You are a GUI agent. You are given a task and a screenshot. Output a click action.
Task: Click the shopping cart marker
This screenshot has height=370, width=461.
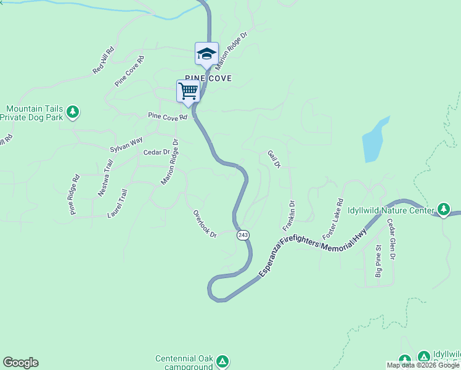pos(188,91)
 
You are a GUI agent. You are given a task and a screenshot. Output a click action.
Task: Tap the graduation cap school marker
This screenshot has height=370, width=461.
pos(206,54)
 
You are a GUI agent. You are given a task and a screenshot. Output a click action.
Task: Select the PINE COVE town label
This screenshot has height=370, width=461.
pos(208,78)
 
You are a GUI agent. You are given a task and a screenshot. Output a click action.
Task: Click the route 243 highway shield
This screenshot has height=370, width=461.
pos(243,235)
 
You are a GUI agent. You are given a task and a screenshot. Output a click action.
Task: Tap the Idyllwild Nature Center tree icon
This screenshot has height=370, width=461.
pos(444,210)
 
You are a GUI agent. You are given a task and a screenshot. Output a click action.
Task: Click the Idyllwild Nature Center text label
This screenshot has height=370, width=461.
pos(391,210)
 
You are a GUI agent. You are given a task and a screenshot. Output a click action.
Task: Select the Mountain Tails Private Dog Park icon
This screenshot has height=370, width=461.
pos(73,112)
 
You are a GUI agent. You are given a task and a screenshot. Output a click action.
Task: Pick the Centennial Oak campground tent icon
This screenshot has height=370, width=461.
pos(222,360)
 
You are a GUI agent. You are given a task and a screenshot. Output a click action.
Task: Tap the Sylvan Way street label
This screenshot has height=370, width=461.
pos(126,145)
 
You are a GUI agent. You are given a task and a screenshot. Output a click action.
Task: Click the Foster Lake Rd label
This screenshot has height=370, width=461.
pos(332,219)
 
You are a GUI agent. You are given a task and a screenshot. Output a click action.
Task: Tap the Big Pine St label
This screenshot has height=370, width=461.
pos(378,265)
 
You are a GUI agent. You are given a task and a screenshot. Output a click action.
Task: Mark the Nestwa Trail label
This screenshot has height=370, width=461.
pos(105,178)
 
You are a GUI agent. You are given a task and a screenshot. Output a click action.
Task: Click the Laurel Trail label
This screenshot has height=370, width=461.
pos(116,203)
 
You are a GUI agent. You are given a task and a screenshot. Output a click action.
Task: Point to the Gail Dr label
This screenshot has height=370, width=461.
pos(274,159)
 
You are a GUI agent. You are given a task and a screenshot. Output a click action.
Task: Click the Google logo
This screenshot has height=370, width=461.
pos(20,363)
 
